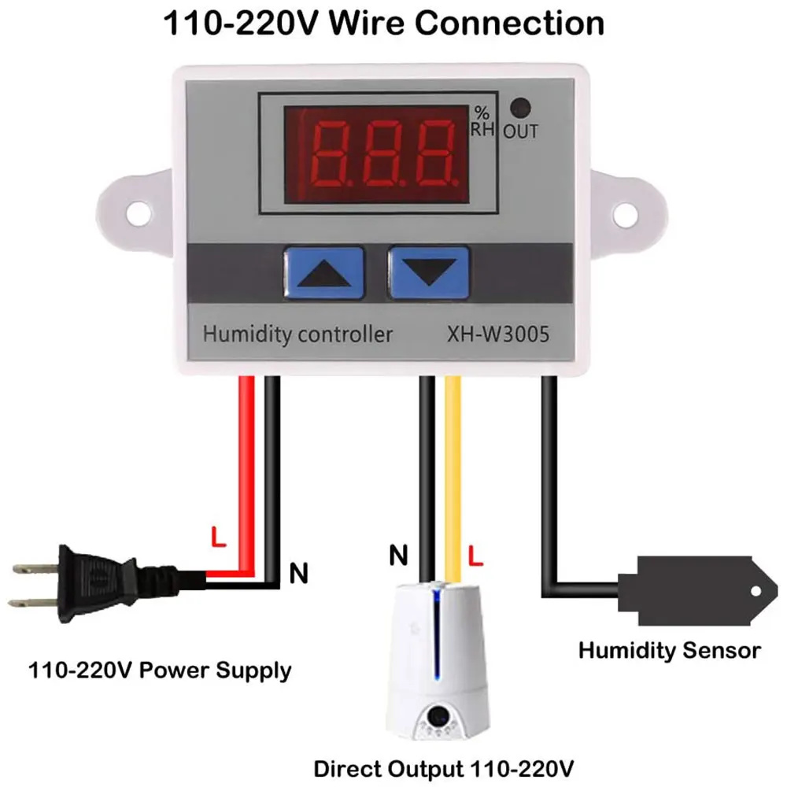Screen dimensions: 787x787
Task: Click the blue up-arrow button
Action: [x=322, y=272]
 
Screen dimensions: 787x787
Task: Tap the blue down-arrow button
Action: [x=428, y=272]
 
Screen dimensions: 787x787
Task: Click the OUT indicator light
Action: [x=519, y=108]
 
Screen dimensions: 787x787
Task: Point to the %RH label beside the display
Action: [x=482, y=121]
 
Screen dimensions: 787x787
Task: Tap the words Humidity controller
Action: [x=297, y=334]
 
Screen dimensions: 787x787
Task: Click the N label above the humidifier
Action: [x=399, y=557]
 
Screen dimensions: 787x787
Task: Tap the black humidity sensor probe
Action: [x=693, y=589]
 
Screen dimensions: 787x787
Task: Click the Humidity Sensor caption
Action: [x=670, y=650]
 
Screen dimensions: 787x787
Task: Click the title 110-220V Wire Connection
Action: [x=383, y=23]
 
